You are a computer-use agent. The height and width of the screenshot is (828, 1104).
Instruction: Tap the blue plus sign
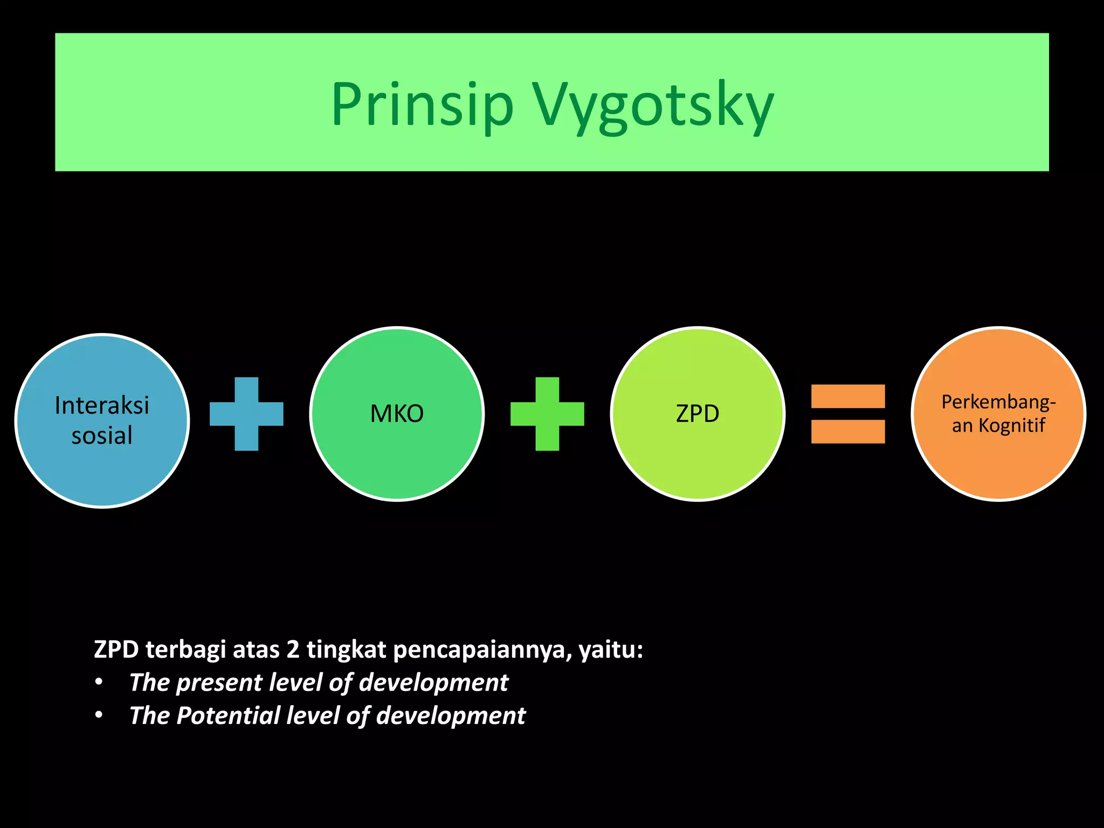pyautogui.click(x=246, y=414)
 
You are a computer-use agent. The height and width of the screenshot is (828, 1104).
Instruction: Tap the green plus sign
pyautogui.click(x=547, y=414)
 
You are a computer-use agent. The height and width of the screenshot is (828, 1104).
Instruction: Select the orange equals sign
pyautogui.click(x=848, y=414)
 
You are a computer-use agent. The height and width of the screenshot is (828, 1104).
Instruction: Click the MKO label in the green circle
pyautogui.click(x=397, y=414)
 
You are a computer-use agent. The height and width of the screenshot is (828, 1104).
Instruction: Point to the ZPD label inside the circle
pyautogui.click(x=698, y=414)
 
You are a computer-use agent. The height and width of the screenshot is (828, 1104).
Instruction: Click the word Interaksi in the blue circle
pyautogui.click(x=102, y=405)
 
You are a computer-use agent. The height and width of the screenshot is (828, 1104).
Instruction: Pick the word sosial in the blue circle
pyautogui.click(x=102, y=436)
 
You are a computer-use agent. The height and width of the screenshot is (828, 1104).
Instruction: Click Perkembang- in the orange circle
pyautogui.click(x=998, y=402)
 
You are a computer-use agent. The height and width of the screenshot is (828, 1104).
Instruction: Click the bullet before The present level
pyautogui.click(x=99, y=682)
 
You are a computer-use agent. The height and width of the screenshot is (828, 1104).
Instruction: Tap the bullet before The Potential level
pyautogui.click(x=99, y=716)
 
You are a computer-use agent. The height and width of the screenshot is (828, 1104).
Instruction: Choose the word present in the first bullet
pyautogui.click(x=218, y=683)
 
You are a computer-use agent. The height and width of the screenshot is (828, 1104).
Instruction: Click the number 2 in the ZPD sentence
pyautogui.click(x=293, y=650)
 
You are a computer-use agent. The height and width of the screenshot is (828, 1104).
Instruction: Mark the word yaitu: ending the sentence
pyautogui.click(x=611, y=650)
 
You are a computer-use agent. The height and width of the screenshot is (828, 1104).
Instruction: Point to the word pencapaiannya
pyautogui.click(x=482, y=650)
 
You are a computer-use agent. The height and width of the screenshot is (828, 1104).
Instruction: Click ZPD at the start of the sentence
pyautogui.click(x=116, y=650)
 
